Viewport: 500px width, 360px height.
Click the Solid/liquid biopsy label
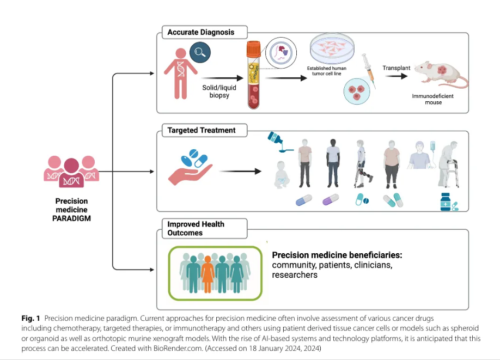[x=216, y=91]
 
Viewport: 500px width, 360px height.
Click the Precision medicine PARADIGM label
[x=71, y=210]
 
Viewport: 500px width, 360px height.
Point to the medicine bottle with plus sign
[x=446, y=202]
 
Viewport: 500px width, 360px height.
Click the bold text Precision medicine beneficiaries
[x=337, y=255]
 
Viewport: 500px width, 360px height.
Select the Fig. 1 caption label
[x=31, y=318]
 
